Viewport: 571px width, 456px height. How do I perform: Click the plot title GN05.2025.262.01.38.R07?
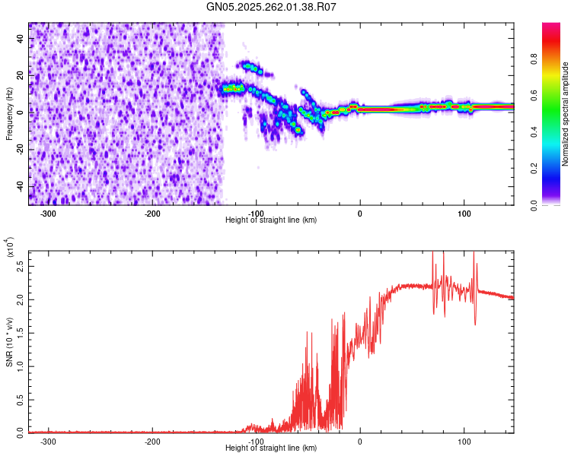click(272, 8)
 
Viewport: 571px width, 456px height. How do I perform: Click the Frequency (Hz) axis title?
click(9, 113)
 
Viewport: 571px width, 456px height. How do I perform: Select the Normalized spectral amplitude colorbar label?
click(566, 114)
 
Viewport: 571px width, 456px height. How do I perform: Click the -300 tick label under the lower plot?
click(49, 441)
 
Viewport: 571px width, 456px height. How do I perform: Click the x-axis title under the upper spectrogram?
click(272, 220)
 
